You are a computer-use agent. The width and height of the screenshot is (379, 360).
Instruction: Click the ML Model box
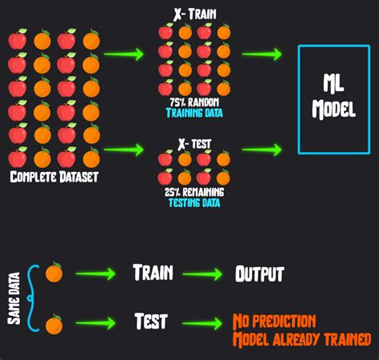[x=334, y=99]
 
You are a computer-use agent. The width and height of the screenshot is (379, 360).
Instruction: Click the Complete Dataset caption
[x=54, y=177]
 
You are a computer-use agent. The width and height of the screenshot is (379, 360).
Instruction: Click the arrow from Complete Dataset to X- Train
[x=124, y=54]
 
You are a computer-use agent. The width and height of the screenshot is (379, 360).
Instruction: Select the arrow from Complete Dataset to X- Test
[x=124, y=148]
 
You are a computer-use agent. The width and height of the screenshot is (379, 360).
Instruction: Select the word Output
[x=259, y=274]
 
